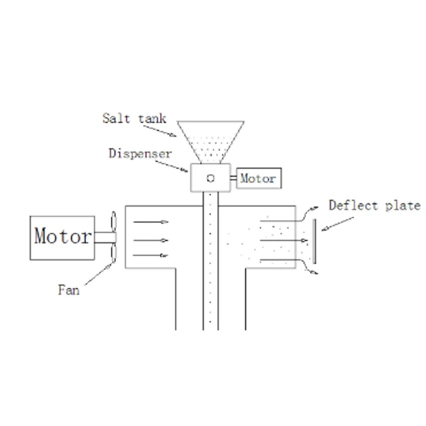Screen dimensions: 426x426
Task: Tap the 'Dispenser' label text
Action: click(140, 153)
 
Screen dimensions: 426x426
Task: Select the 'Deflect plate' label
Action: click(374, 205)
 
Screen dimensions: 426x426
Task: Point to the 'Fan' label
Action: click(69, 290)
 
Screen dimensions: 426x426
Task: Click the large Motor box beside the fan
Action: click(62, 237)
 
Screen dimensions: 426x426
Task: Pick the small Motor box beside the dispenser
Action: click(259, 178)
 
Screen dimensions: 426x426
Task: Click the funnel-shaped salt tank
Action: click(210, 140)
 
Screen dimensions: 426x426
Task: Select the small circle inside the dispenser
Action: click(210, 178)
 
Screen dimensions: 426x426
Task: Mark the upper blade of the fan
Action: click(113, 223)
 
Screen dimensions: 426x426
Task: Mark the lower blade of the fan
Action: click(113, 253)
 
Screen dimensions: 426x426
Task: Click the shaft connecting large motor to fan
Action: click(103, 238)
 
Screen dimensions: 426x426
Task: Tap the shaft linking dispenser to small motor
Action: click(234, 178)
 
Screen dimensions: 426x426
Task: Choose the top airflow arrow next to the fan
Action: click(150, 222)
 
